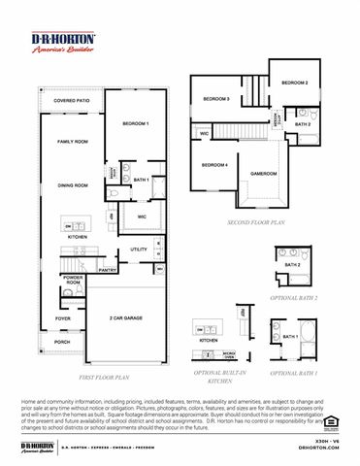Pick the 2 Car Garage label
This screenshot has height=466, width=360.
click(x=128, y=317)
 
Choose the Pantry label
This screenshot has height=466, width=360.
click(x=108, y=271)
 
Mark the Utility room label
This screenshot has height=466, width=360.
click(x=139, y=250)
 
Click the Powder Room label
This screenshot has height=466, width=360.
click(x=72, y=281)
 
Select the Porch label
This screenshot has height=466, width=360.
click(x=62, y=342)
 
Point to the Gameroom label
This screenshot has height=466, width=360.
click(x=263, y=174)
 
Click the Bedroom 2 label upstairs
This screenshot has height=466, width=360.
click(x=295, y=83)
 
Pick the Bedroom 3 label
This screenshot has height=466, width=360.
click(x=216, y=99)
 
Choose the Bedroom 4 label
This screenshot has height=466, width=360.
click(x=214, y=165)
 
